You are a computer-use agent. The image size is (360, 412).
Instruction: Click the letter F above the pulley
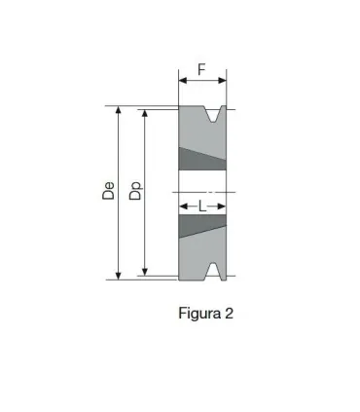pos(201,69)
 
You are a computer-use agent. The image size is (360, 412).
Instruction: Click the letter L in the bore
pos(202,206)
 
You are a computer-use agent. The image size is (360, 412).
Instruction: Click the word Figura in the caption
pos(197,314)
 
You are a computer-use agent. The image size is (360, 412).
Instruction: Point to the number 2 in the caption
pos(229,314)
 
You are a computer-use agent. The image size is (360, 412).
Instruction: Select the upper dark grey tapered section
pos(201,159)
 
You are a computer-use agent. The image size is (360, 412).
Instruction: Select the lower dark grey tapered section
pos(201,228)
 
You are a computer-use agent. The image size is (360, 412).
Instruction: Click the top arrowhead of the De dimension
pos(120,111)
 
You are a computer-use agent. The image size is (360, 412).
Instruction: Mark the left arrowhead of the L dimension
pos(182,206)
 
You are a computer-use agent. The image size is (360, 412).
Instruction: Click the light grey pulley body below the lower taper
pos(192,255)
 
